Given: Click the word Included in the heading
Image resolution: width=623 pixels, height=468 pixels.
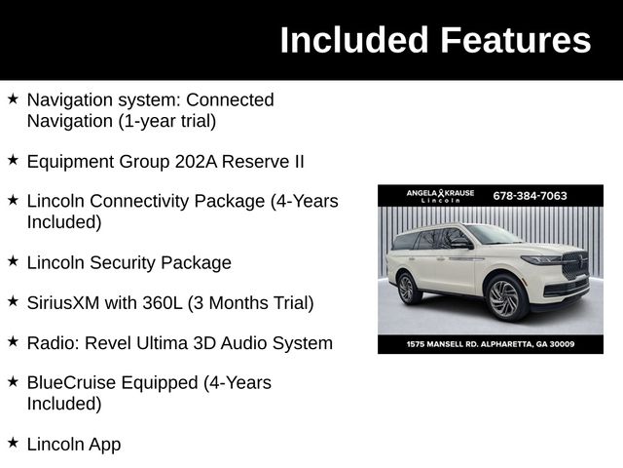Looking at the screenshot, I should click(x=354, y=41).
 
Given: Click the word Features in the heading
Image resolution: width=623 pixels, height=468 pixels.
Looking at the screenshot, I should click(x=515, y=41).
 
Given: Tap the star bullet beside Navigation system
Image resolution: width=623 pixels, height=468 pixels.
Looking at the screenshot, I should click(x=13, y=99).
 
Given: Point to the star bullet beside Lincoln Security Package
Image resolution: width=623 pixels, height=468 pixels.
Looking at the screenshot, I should click(x=13, y=262).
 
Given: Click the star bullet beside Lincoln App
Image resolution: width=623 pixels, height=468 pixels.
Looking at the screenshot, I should click(x=13, y=444).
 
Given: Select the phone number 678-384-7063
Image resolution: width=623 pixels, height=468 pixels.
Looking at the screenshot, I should click(x=530, y=195).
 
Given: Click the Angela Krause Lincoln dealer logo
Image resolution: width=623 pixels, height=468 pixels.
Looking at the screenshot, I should click(x=440, y=196).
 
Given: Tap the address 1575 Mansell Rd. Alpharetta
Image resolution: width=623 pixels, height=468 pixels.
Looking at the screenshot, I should click(x=490, y=344).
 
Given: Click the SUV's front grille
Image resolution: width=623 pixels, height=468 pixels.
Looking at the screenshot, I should click(x=574, y=265).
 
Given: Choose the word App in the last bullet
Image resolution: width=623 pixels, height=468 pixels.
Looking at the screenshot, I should click(x=104, y=445).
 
